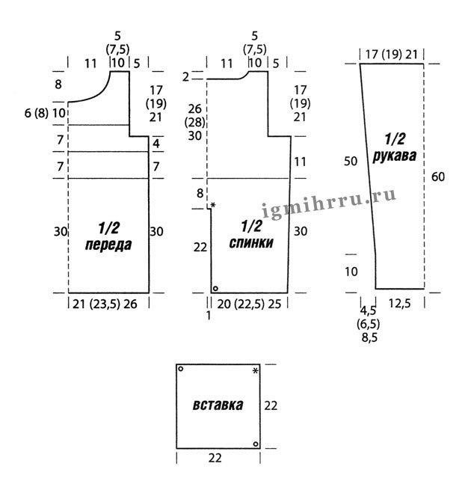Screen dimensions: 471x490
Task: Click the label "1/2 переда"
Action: (x=108, y=236)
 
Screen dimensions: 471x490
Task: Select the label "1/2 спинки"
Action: (x=251, y=234)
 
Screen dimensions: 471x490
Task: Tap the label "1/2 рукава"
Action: (x=395, y=147)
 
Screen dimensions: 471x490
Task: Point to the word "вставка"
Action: (x=218, y=405)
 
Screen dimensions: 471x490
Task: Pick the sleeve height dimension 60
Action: (x=438, y=177)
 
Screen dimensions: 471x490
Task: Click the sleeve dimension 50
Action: (x=351, y=162)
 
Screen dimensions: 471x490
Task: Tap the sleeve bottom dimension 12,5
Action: (x=400, y=303)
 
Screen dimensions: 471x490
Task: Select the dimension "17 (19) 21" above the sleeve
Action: (x=391, y=55)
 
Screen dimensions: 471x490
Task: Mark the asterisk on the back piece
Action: (x=213, y=205)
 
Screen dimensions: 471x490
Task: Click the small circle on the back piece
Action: (x=215, y=288)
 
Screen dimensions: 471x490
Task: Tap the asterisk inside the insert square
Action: (x=256, y=371)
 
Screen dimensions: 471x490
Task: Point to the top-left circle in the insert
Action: (x=180, y=369)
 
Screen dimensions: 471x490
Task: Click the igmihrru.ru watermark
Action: (x=328, y=203)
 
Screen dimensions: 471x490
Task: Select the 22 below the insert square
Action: (x=215, y=458)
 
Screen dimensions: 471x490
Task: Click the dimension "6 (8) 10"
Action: (x=46, y=113)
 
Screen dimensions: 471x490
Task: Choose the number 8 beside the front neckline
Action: (x=58, y=85)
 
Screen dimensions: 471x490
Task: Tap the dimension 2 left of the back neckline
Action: (x=185, y=77)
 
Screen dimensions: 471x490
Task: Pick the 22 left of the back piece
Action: (x=200, y=248)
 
